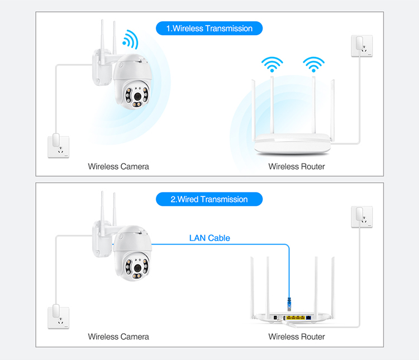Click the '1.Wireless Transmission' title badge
[209, 28]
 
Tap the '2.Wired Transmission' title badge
[209, 199]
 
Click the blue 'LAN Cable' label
[209, 238]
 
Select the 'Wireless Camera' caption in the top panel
[118, 166]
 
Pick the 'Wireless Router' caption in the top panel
[297, 166]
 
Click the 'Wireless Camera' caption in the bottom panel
[118, 337]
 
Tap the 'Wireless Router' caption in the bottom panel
[297, 337]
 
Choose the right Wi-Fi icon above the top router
[313, 64]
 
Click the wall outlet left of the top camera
[58, 145]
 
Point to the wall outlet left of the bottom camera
[58, 315]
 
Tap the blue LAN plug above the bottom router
[289, 305]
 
